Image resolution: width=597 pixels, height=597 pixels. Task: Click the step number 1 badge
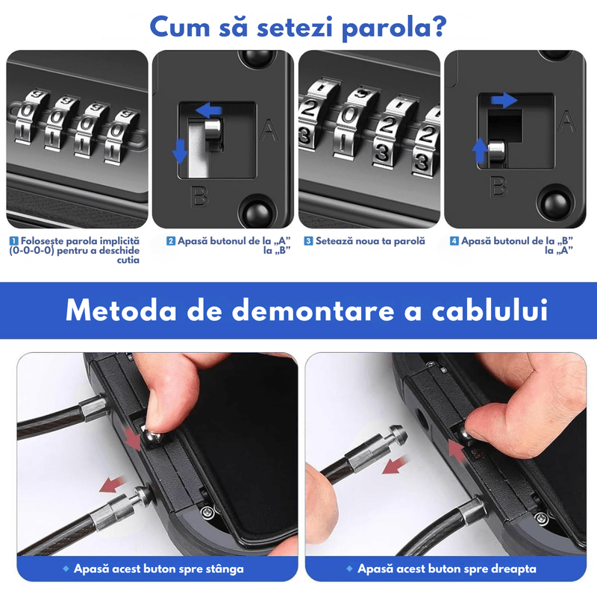point(13,241)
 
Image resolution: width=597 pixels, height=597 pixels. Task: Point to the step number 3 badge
point(308,241)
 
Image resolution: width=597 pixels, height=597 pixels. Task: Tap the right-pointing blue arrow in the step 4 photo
point(504,99)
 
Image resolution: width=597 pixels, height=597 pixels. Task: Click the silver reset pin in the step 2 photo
point(212,132)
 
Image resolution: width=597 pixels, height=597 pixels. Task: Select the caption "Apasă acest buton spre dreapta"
point(446,569)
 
